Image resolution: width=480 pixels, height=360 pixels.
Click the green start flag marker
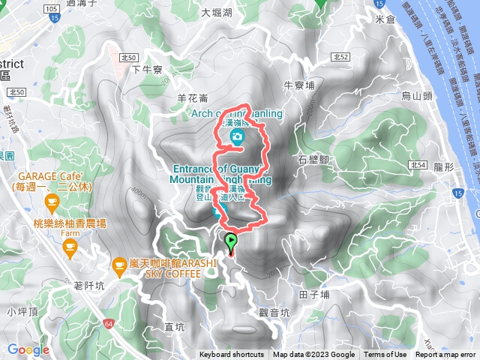(231, 241)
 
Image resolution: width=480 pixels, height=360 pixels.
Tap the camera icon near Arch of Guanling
(237, 136)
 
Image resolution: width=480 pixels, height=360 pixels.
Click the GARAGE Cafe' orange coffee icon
(51, 200)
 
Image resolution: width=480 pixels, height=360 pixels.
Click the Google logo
(28, 349)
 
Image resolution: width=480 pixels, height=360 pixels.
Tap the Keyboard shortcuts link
(232, 355)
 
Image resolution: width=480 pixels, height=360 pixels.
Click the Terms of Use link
(385, 355)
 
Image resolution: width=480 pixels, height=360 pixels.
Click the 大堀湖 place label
(217, 12)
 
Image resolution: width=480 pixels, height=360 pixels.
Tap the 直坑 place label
(174, 326)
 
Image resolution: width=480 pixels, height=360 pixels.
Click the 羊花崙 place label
(192, 97)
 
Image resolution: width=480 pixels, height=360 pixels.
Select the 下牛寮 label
(147, 70)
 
